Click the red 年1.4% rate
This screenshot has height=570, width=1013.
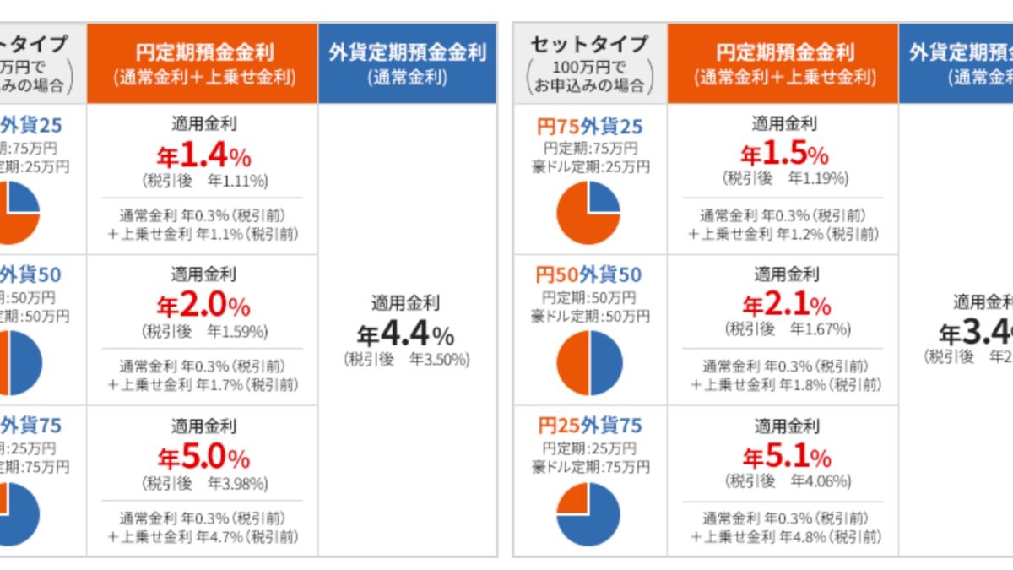203,155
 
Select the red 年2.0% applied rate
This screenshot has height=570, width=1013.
203,306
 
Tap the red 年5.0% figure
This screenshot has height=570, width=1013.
203,458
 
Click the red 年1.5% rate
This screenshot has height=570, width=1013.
784,155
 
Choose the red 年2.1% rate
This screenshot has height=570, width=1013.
786,306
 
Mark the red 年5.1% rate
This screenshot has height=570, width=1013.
786,458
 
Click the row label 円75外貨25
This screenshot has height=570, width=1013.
589,127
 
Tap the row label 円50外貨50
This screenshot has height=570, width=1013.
589,275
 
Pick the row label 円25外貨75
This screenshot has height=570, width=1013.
589,426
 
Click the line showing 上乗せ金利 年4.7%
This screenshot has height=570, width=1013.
203,536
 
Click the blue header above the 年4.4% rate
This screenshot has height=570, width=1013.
407,63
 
